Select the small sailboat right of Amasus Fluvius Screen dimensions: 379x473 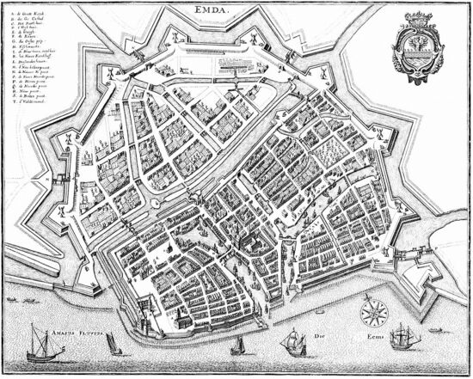click(x=110, y=343)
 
